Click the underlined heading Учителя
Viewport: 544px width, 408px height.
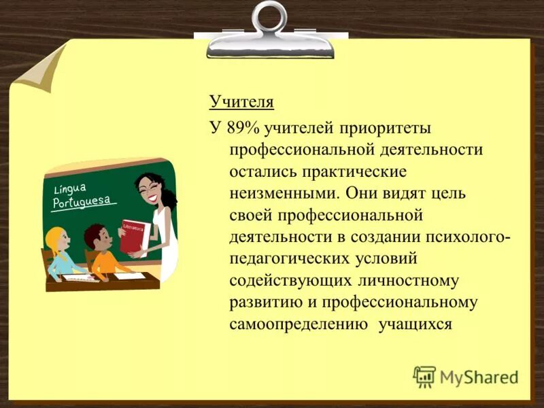[241, 103]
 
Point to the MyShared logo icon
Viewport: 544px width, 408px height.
[424, 376]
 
